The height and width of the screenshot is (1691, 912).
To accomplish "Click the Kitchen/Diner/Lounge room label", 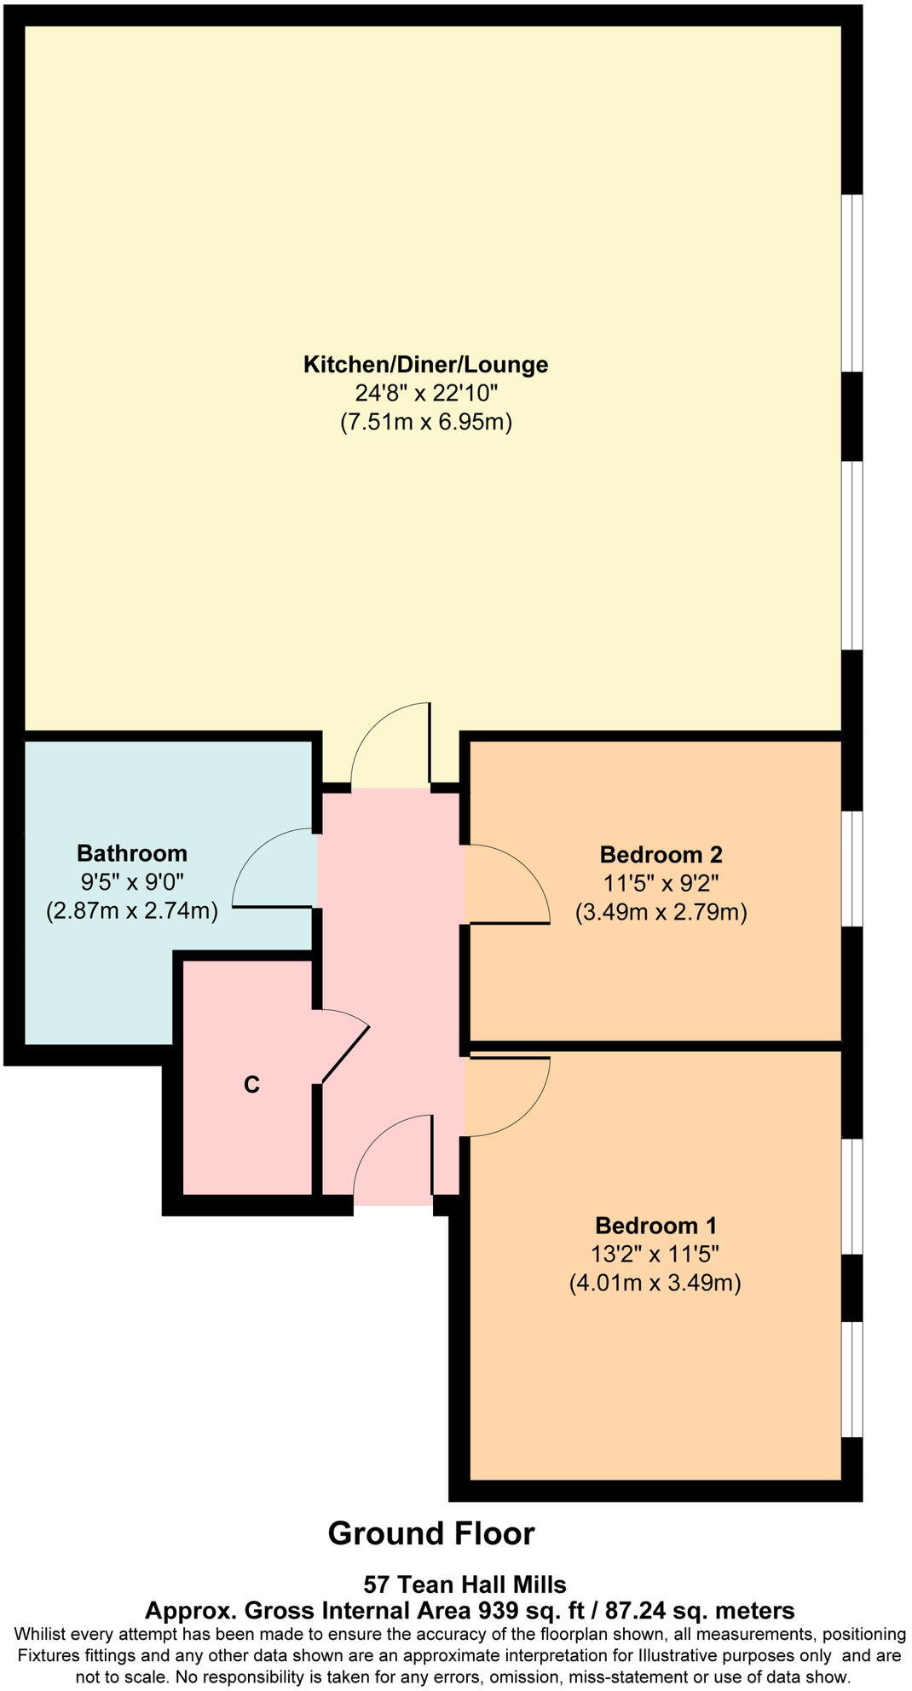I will point(425,365).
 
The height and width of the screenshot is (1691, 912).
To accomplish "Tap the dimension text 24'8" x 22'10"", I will point(425,393).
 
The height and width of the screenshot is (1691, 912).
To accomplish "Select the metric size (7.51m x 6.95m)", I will point(425,422).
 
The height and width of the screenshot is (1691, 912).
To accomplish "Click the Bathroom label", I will point(131,853).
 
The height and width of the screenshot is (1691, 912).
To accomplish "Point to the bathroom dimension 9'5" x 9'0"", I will point(131,882).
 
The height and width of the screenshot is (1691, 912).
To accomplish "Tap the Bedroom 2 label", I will point(661,854).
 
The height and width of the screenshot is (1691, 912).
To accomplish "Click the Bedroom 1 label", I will point(655,1226).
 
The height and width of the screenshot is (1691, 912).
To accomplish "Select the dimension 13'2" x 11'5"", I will point(655,1254).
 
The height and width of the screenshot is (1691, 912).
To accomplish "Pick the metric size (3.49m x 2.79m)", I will point(661,913).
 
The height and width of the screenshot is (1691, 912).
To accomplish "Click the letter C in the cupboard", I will point(251,1085).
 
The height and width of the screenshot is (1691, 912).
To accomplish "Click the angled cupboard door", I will point(346,1053).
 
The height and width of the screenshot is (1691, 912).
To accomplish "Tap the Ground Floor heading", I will point(431,1533).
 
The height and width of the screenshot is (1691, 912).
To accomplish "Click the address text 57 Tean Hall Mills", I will point(465,1585).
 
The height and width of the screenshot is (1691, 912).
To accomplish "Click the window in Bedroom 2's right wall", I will point(852,868).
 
